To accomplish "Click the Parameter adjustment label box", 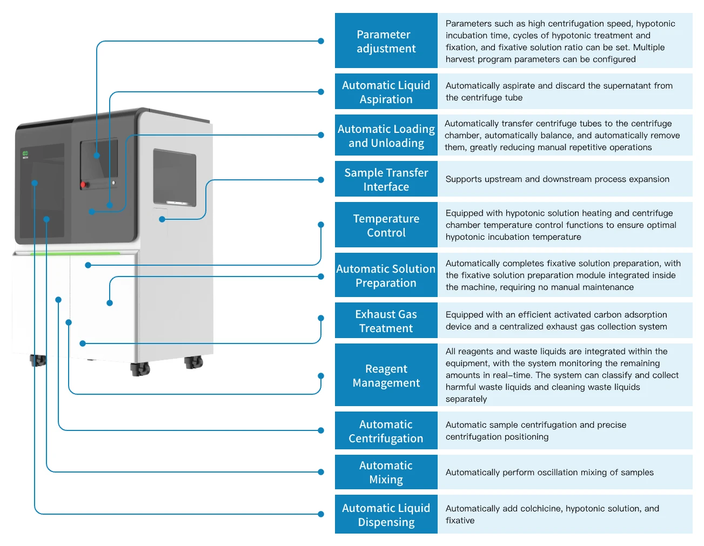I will [386, 41].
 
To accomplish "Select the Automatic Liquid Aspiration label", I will [386, 92].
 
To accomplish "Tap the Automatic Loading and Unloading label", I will [386, 136].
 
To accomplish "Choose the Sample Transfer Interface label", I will [386, 179].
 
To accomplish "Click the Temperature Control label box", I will [386, 225].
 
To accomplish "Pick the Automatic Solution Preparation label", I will [386, 275].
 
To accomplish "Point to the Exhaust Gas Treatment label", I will [386, 321].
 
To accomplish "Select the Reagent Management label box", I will [386, 375].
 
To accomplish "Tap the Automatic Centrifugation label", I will [386, 431].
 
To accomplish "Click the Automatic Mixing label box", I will [386, 472].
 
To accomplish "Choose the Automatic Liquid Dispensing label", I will [386, 515].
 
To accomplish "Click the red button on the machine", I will [83, 185].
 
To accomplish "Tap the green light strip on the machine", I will [76, 253].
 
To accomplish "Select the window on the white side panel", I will [175, 177].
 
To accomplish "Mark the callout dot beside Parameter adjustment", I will [321, 41].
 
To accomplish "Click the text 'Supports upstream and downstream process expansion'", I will [557, 179].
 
